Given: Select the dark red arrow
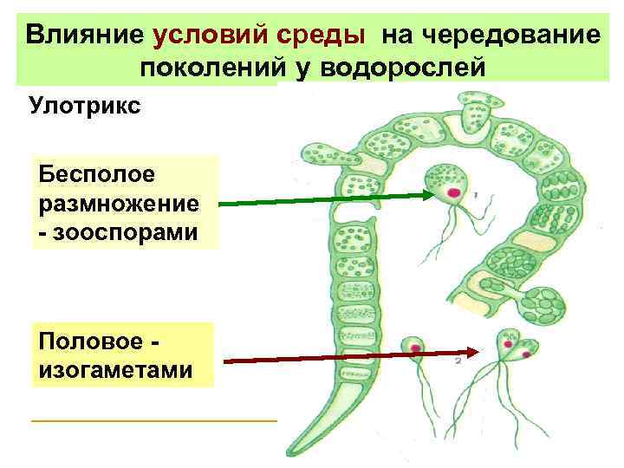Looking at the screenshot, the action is pyautogui.click(x=347, y=356).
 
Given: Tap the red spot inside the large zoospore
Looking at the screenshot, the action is pyautogui.click(x=453, y=192).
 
